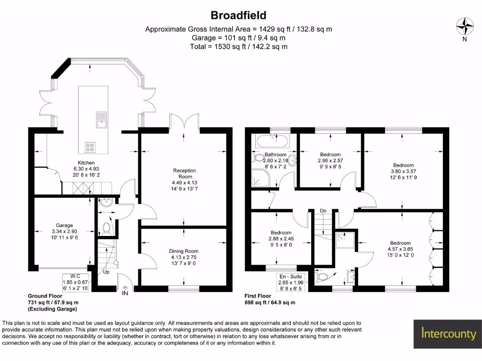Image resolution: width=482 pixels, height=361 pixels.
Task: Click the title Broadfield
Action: tap(238, 15)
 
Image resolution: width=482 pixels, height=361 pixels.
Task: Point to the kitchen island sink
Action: tap(101, 119)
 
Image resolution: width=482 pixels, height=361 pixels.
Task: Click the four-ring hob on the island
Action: tap(89, 148)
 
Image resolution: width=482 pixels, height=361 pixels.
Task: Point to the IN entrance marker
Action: tap(125, 293)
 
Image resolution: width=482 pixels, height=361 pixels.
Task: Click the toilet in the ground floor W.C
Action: tap(107, 228)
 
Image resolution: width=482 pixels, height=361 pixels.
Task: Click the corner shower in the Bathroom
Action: tap(260, 177)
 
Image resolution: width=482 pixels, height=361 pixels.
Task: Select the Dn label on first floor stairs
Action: tap(323, 211)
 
